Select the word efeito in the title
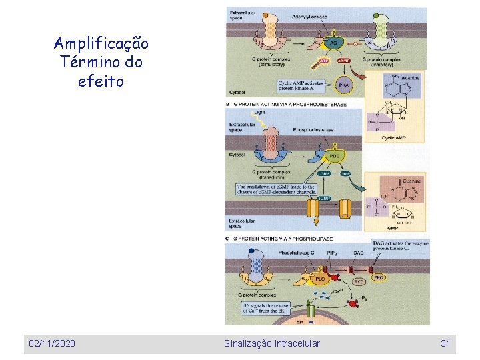pos(101,82)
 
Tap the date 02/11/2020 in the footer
pos(52,343)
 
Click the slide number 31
pos(446,343)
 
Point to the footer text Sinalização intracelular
pos(271,343)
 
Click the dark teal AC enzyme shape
pos(333,43)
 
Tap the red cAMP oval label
pos(345,61)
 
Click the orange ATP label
pos(323,61)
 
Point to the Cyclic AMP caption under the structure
pos(393,138)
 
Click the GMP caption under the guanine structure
pos(393,227)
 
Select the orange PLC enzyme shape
pos(319,277)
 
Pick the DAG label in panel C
pos(357,253)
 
